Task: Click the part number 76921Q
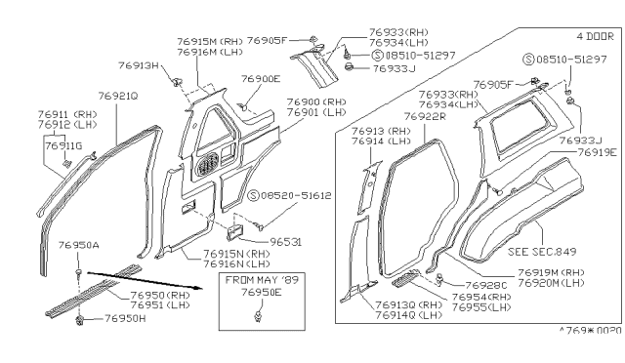pos(118,96)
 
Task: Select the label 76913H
pos(139,65)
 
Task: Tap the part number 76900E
pos(259,79)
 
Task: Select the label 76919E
pos(597,153)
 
